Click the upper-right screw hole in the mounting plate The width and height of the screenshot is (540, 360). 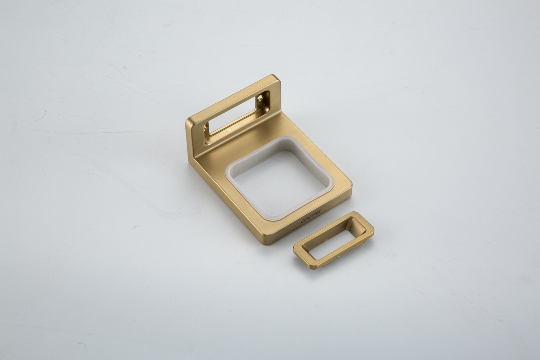click(261, 98)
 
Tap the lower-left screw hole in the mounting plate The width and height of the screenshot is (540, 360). click(206, 127)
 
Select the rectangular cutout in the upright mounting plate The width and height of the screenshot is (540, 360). click(236, 117)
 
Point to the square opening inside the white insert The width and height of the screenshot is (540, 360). click(280, 181)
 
